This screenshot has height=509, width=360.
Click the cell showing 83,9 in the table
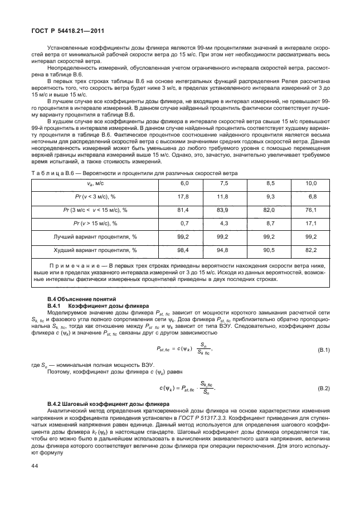tap(224, 210)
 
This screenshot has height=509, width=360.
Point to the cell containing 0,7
tap(184, 223)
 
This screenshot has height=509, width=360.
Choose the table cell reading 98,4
tap(183, 250)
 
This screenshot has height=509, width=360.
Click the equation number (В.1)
tap(323, 350)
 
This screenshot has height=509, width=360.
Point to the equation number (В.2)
tap(323, 387)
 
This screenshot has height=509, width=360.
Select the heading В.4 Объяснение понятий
tap(80, 299)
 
